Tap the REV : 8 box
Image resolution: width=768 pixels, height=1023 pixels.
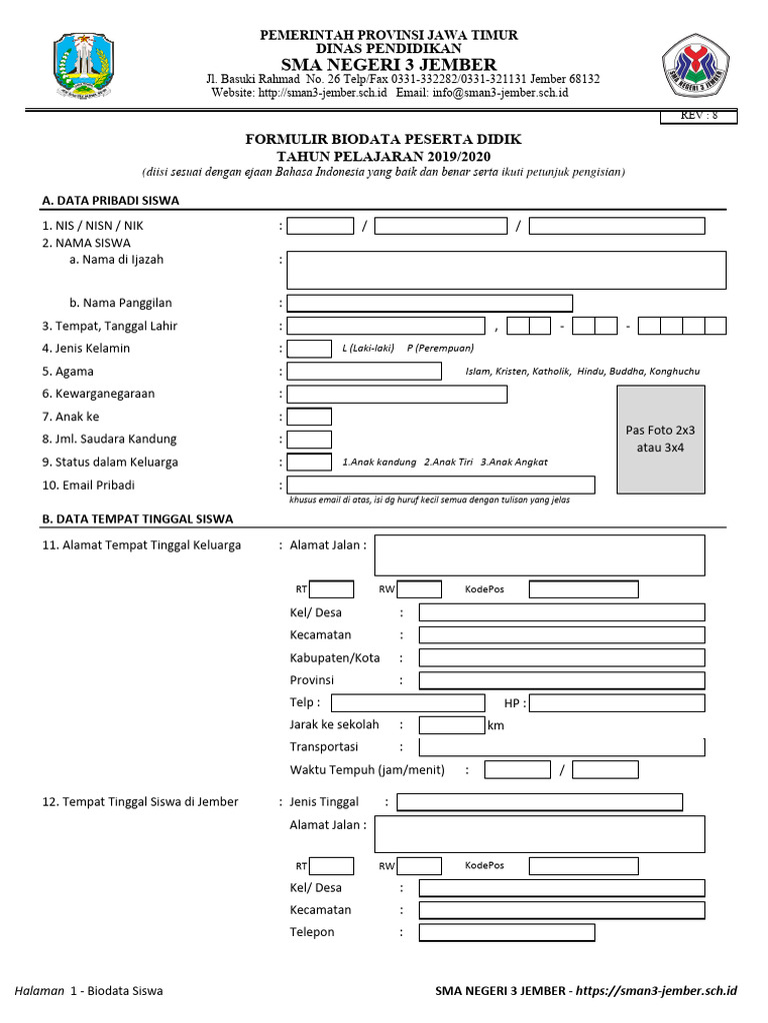(x=697, y=116)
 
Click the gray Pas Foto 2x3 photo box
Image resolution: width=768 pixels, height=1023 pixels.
(x=660, y=439)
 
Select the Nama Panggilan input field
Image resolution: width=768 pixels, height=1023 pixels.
(x=430, y=303)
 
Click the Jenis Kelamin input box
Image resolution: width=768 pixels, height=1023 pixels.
(x=309, y=349)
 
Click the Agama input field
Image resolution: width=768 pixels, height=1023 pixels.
(x=364, y=372)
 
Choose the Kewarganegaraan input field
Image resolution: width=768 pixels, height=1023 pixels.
(x=397, y=394)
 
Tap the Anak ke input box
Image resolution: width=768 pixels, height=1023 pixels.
(x=309, y=417)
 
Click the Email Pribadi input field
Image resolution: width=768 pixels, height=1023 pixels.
(x=441, y=485)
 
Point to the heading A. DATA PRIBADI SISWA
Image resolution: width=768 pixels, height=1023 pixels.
(x=110, y=200)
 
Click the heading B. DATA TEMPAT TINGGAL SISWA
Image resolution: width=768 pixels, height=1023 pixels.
(x=137, y=518)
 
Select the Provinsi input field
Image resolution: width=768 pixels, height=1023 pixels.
(x=561, y=680)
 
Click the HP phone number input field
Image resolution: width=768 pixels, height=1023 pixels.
(x=617, y=702)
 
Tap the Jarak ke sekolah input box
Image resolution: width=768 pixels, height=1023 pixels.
(x=451, y=725)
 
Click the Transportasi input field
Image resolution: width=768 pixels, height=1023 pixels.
(x=561, y=747)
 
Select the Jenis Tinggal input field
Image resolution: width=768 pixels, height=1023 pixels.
(x=539, y=802)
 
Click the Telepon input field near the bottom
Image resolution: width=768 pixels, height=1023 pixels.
(x=506, y=932)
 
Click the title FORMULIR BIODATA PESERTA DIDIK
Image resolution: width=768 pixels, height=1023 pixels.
(x=384, y=139)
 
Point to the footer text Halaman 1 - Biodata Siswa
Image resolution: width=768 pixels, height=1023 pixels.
(x=89, y=990)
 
